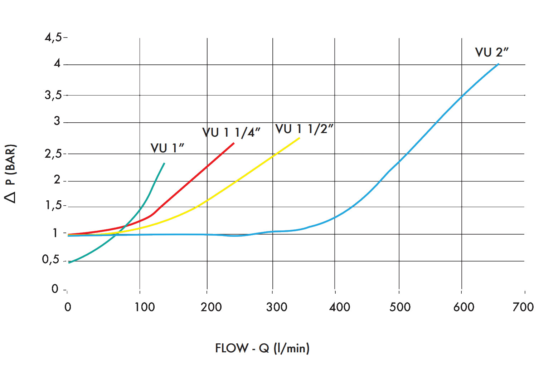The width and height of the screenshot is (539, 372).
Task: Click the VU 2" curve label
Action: point(491,52)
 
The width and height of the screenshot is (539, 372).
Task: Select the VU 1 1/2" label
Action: point(304,129)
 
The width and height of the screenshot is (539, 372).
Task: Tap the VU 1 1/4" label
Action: point(231,132)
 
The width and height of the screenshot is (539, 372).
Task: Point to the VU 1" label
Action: point(167,148)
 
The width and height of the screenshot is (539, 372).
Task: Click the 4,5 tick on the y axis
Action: point(53,37)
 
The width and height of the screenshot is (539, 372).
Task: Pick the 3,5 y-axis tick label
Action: point(53,95)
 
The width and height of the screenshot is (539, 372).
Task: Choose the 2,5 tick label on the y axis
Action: point(53,154)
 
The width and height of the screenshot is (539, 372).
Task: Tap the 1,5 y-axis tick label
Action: point(53,205)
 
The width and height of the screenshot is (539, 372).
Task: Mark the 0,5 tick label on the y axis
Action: point(51,259)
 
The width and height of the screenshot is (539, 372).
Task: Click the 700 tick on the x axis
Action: point(523,307)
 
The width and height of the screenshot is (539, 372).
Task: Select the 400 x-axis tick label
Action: point(340,307)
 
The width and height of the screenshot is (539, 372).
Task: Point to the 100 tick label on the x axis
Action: point(144,307)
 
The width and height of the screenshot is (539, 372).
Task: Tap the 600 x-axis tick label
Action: point(463,307)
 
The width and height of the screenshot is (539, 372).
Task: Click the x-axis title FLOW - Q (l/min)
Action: point(262,348)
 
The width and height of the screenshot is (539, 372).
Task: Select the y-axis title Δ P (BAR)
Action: point(10,173)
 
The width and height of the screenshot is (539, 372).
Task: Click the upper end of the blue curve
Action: point(498,64)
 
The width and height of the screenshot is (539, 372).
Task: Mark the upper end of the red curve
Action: point(234,143)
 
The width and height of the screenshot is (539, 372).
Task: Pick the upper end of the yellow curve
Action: point(299,138)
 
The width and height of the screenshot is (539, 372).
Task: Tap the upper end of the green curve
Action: point(164,163)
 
